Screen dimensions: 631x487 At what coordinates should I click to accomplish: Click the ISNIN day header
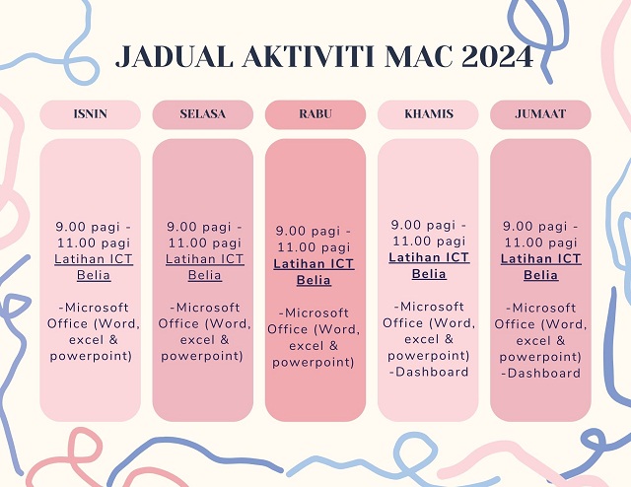point(90,114)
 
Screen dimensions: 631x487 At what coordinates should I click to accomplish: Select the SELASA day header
point(203,114)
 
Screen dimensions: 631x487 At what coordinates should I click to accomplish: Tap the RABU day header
point(315,114)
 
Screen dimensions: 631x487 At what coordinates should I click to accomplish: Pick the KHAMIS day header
point(428,114)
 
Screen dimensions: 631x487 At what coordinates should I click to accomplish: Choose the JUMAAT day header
point(540,114)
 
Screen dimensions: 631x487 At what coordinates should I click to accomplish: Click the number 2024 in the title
point(498,56)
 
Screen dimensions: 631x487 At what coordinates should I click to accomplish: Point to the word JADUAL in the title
point(175,56)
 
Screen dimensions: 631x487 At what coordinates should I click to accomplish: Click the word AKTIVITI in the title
point(309,56)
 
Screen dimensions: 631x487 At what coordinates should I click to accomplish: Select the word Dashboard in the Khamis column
point(432,372)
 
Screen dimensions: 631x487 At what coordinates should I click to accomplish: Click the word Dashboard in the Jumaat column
point(544,373)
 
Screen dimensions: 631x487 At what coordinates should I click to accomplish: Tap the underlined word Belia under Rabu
point(314,280)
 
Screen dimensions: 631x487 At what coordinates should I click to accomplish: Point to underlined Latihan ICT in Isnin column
point(94,259)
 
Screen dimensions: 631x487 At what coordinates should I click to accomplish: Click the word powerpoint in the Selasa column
point(201,356)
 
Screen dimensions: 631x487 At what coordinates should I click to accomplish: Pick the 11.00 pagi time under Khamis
point(429,242)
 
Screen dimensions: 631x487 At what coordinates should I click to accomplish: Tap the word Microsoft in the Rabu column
point(316,313)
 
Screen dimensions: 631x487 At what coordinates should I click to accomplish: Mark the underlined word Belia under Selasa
point(205,275)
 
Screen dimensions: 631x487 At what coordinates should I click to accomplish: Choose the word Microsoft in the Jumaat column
point(544,308)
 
